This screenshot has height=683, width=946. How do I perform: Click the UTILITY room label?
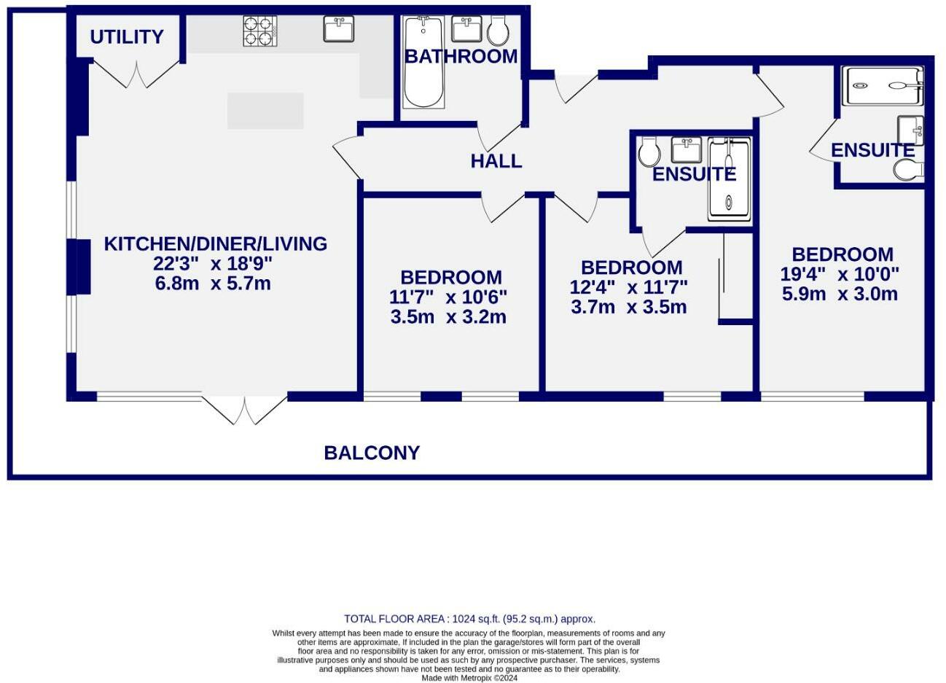(x=127, y=36)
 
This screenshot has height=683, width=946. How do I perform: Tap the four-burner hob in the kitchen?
(x=259, y=31)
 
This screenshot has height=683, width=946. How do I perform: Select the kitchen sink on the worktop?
(x=339, y=30)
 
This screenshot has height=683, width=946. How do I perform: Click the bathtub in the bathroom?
(x=423, y=63)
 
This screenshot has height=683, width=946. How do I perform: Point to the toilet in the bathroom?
(x=499, y=31)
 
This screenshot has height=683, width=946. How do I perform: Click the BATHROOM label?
(x=461, y=56)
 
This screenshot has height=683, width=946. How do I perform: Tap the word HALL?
(x=496, y=161)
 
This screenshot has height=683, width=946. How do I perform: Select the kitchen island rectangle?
(x=265, y=111)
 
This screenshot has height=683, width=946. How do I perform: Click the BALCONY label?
(x=372, y=453)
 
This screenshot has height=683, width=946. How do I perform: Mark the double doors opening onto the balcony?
(x=244, y=410)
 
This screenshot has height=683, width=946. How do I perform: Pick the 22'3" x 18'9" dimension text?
(x=213, y=264)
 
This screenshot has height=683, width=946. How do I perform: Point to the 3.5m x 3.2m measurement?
(x=448, y=317)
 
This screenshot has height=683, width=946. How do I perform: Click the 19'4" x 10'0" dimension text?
(x=840, y=274)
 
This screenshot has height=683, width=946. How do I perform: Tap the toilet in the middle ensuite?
(x=649, y=152)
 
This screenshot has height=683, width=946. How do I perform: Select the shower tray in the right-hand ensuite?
(x=882, y=85)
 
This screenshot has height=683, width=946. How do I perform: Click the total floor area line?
(x=469, y=618)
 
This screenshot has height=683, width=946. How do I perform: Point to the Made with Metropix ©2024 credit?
(x=469, y=677)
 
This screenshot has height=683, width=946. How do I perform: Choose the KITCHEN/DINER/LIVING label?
(x=215, y=243)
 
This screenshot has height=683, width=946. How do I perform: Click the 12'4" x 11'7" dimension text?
(x=628, y=287)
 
